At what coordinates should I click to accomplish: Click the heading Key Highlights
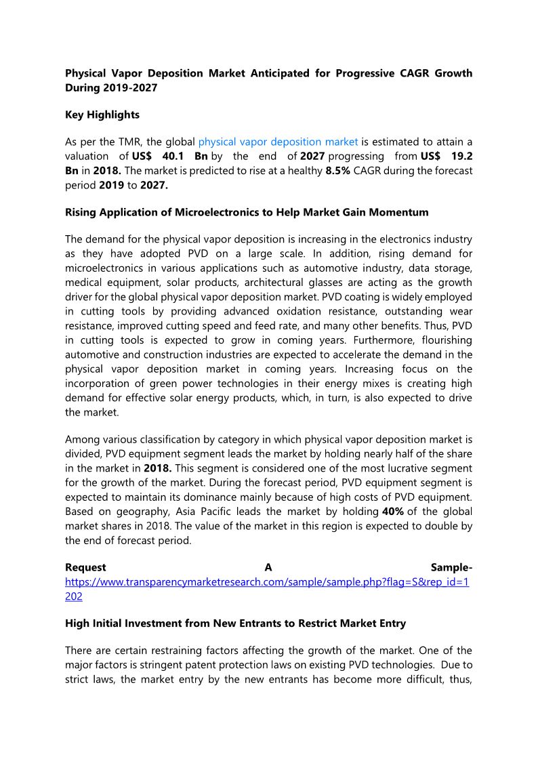click(102, 115)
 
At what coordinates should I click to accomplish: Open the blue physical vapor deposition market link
click(278, 142)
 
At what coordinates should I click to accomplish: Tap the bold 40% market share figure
click(393, 511)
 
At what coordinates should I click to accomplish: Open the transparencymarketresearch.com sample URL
click(267, 581)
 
